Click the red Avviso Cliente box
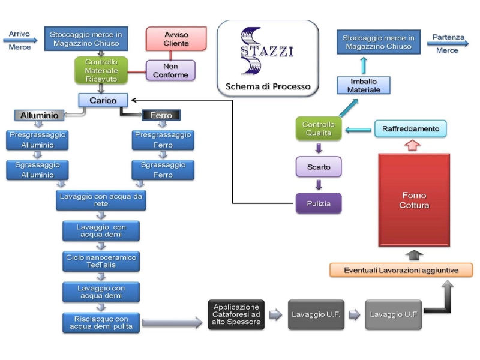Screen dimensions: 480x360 tap(176, 38)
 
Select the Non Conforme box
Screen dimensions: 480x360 tap(170, 70)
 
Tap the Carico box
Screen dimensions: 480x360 tap(103, 100)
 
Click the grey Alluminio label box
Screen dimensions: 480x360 tap(39, 115)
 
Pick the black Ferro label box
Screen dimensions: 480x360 tap(161, 115)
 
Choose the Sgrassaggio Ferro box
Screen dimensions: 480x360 tap(163, 170)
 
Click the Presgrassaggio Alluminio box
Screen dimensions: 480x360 tap(37, 140)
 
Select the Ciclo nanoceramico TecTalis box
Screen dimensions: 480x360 tap(101, 262)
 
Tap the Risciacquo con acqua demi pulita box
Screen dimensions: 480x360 tap(101, 323)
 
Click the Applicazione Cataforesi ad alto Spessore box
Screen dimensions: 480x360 tap(236, 314)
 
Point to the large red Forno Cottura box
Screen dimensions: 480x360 tap(414, 200)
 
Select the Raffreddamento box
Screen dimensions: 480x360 tap(410, 128)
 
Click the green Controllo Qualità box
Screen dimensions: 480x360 tap(319, 128)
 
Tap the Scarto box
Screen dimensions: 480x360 tap(319, 167)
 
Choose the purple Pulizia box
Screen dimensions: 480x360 tap(319, 203)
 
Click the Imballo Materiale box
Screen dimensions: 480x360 tap(364, 85)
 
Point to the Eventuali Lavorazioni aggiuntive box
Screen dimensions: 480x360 tap(401, 270)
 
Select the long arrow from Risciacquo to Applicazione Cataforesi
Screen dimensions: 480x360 tap(172, 322)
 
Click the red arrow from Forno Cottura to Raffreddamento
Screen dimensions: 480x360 tap(412, 145)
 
